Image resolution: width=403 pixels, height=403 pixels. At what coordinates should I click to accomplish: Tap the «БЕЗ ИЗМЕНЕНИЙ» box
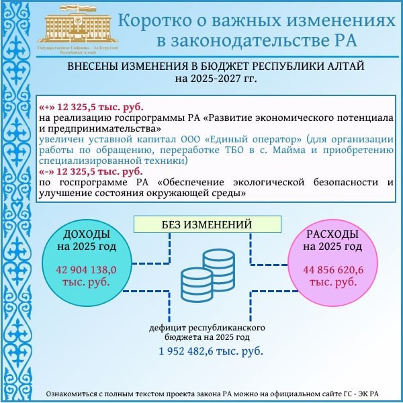pos(197,224)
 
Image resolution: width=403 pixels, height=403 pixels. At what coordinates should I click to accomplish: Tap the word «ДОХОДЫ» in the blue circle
pos(86,234)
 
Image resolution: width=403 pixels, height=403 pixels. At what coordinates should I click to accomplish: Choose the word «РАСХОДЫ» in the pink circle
pos(332,234)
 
